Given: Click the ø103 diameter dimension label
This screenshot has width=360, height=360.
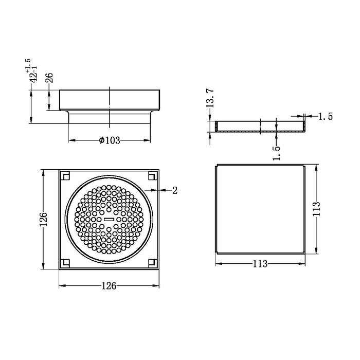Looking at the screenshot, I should (109, 140).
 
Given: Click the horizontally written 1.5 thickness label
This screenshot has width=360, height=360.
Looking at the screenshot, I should (325, 117).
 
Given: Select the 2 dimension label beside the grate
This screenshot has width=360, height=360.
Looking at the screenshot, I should (175, 191).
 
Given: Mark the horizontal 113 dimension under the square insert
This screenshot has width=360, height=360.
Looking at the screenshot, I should (260, 264).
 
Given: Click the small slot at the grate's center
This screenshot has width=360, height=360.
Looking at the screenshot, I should (108, 219).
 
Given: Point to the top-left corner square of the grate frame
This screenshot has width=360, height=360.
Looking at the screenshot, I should (65, 176).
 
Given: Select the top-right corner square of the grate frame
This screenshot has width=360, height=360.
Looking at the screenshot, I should (152, 176).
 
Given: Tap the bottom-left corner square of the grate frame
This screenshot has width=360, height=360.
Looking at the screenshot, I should (65, 263).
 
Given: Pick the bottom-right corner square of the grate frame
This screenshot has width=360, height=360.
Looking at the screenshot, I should (152, 263).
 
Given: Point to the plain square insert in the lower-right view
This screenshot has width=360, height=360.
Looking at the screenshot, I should (260, 209).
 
